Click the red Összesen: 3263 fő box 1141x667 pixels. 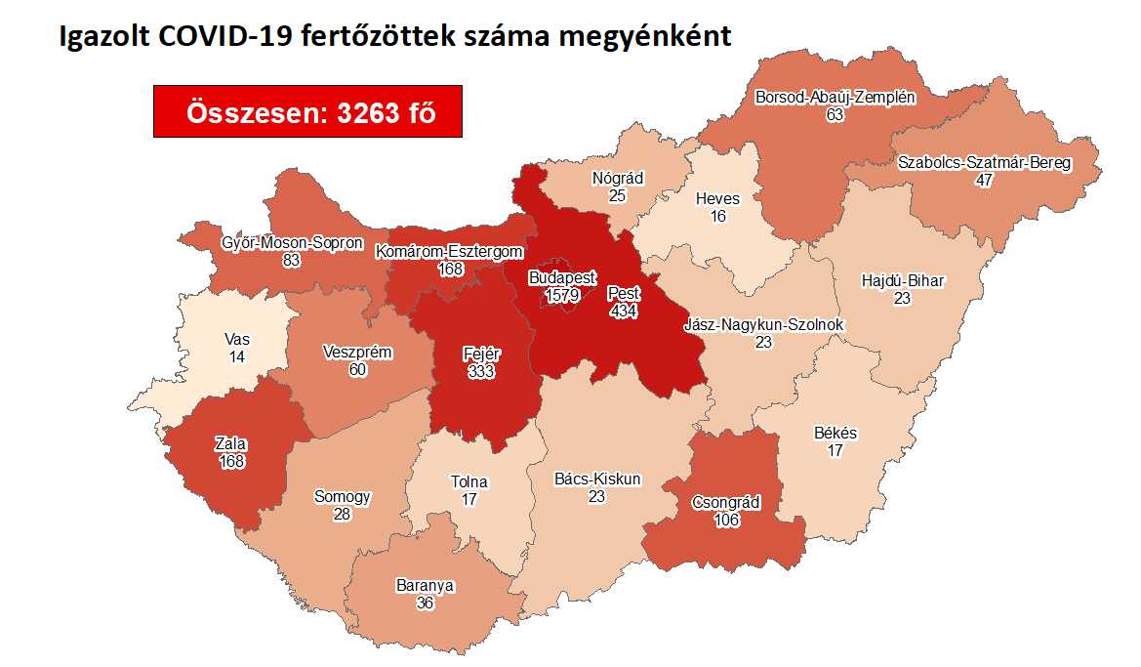point(307,112)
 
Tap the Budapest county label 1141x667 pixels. point(561,278)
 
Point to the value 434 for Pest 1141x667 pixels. point(625,310)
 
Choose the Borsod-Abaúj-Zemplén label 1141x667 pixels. point(835,97)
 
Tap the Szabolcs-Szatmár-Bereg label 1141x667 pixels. point(984,163)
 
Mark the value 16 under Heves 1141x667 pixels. point(717,216)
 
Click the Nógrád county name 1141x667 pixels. point(616,179)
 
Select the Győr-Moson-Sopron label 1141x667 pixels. point(292,243)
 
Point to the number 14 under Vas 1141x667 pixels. point(237,357)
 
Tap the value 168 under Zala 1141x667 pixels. point(230,462)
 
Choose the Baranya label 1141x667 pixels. point(425,586)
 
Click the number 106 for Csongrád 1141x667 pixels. point(726,521)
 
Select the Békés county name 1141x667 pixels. point(835,433)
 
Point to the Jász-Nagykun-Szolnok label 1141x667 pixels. point(764,325)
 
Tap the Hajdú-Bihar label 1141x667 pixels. point(902,281)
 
